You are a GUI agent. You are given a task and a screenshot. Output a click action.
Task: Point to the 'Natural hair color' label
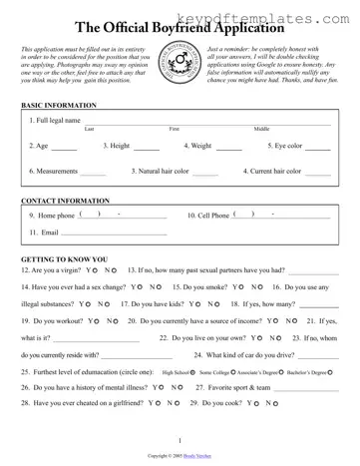point(160,171)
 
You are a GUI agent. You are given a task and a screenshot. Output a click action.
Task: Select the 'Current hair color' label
point(272,171)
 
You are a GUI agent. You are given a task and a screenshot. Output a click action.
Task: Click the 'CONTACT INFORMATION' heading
point(65,201)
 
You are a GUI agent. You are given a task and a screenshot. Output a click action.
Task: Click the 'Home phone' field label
point(51,215)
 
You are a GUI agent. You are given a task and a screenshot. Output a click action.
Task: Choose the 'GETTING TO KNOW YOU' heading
point(66,258)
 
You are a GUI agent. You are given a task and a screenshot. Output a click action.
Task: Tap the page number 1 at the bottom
point(180,440)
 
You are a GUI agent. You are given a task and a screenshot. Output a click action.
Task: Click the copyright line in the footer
point(180,455)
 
